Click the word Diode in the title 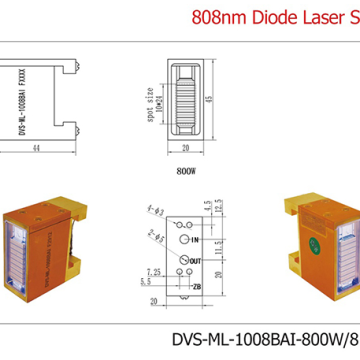[x=273, y=17]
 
